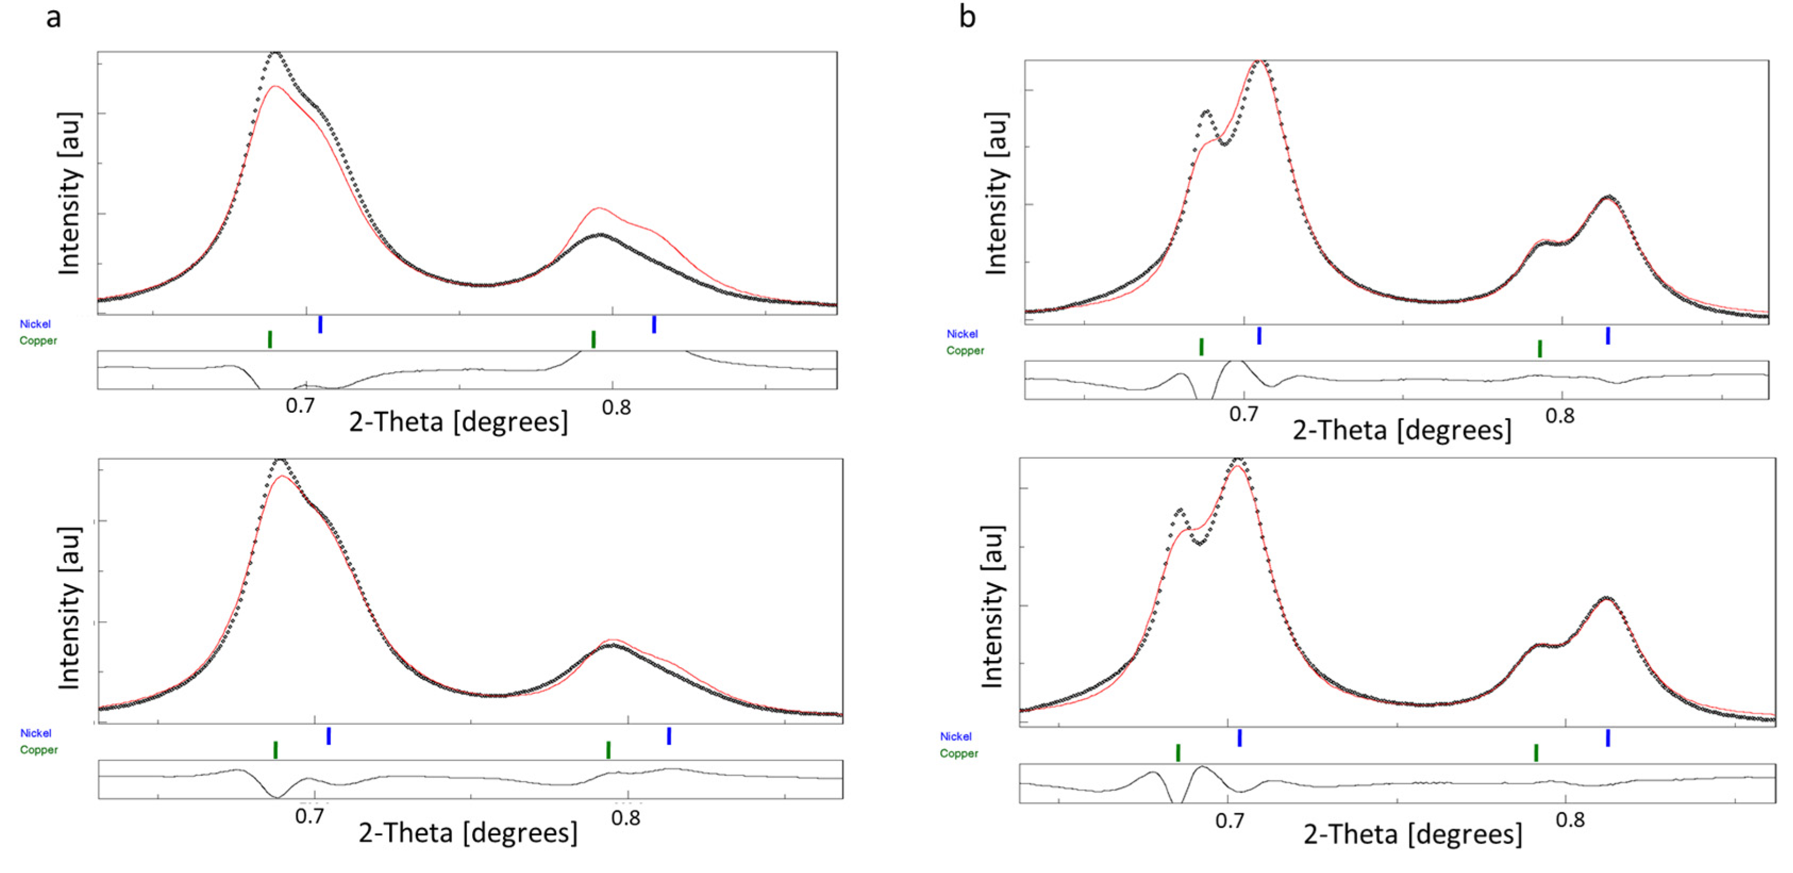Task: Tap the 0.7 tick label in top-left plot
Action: tap(300, 405)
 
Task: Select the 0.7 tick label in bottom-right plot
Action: tap(1229, 821)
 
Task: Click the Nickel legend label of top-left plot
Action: tap(35, 324)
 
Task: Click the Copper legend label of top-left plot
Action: tap(38, 340)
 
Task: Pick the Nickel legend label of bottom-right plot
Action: tap(956, 737)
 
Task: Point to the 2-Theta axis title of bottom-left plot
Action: tap(468, 833)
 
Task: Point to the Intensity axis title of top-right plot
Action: tap(996, 194)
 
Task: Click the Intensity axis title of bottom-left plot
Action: tap(69, 608)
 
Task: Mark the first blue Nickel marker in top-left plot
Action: tap(320, 325)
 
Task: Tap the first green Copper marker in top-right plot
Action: tap(1201, 347)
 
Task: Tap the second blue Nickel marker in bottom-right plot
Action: tap(1608, 738)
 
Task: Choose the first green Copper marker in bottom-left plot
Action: tap(275, 750)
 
